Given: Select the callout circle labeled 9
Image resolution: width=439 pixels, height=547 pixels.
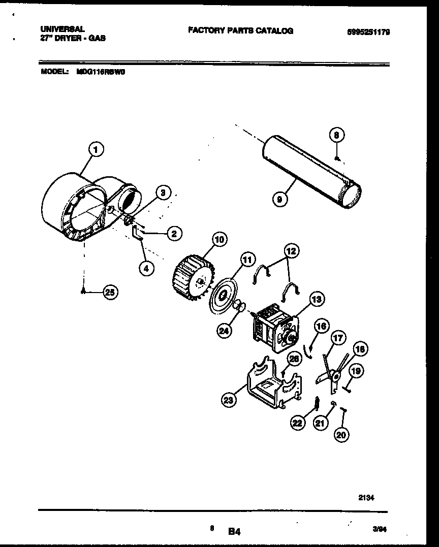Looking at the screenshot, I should point(279,200).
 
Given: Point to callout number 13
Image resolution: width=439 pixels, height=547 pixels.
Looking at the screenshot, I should point(317,300).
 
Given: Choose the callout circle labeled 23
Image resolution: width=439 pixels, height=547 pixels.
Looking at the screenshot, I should point(229,401).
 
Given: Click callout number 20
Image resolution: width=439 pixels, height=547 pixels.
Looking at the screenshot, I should point(342,435).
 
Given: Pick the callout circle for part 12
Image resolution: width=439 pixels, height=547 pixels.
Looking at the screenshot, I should point(292,250).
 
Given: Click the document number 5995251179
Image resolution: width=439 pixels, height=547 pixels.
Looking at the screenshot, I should point(368,32).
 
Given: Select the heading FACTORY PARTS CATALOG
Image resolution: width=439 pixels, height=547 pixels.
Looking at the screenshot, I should point(240,31).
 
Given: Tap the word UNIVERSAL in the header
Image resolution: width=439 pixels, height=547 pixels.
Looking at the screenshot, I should point(62,29).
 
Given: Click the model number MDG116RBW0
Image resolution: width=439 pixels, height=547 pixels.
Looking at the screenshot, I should point(101,72).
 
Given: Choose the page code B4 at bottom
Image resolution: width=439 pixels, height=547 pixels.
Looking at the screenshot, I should point(234,532).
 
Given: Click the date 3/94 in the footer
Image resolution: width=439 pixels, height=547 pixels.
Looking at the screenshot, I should point(379,529).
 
